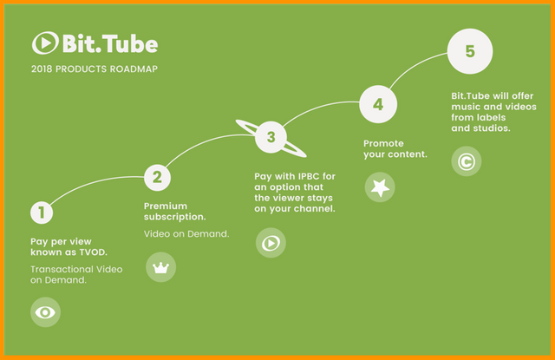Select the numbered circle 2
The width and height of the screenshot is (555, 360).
coord(157,178)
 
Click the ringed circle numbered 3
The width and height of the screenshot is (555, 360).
coord(271,136)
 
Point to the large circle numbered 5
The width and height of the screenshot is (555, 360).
coord(469,51)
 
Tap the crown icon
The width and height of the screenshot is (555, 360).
coord(160,267)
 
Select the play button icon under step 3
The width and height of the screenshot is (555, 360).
coord(271,244)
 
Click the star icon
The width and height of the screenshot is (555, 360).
coord(379,187)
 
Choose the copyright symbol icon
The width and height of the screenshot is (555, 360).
coord(467,160)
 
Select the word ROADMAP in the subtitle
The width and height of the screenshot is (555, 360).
coord(133,68)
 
